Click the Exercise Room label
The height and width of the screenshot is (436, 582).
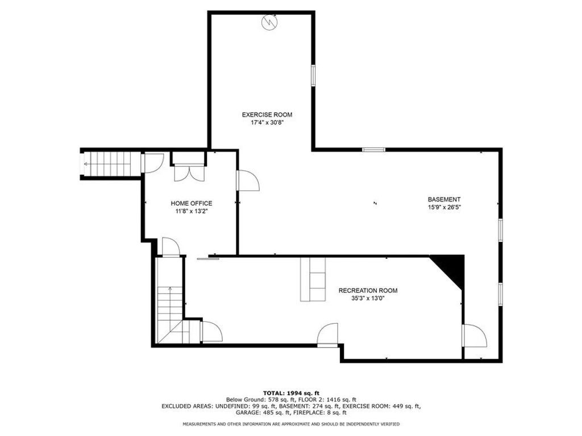[267, 115]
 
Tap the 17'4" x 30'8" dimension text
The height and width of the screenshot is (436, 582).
[267, 123]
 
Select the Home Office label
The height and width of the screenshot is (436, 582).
[191, 203]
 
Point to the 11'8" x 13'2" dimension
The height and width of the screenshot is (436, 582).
[192, 211]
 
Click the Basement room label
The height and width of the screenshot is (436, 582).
[444, 199]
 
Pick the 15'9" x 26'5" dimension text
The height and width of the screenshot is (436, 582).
[444, 207]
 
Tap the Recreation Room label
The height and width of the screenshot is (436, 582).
[368, 291]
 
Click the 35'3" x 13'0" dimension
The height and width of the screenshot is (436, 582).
[368, 299]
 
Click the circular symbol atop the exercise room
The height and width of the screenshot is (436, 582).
[269, 22]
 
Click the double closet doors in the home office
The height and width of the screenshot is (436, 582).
[189, 174]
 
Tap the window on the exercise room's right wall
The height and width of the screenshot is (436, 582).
[313, 76]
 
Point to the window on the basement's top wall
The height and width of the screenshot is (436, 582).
[374, 150]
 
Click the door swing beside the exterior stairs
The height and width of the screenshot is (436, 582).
[153, 163]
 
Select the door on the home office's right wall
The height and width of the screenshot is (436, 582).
[248, 181]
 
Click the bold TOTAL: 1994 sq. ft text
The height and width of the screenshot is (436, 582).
[291, 393]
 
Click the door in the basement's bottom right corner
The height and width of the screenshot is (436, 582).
[475, 336]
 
